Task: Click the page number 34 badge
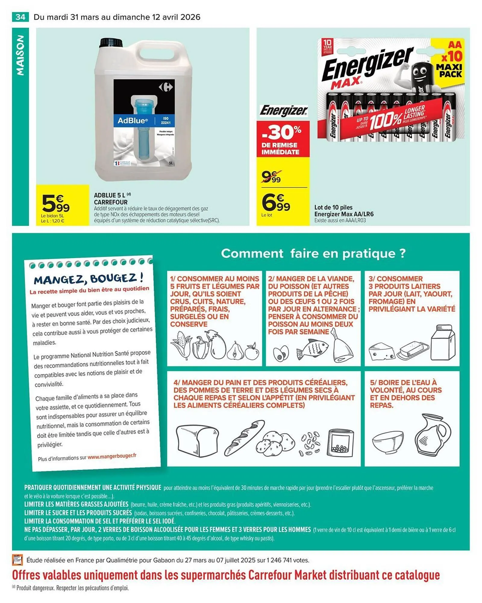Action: (x=20, y=17)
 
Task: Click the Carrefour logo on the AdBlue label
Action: (x=166, y=87)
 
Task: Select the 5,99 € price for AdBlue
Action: (x=56, y=204)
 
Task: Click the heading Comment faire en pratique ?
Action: (x=313, y=253)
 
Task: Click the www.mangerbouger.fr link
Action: (x=112, y=456)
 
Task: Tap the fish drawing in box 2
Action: (x=312, y=349)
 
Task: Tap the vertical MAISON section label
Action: (x=20, y=56)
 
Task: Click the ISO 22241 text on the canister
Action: (x=165, y=121)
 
